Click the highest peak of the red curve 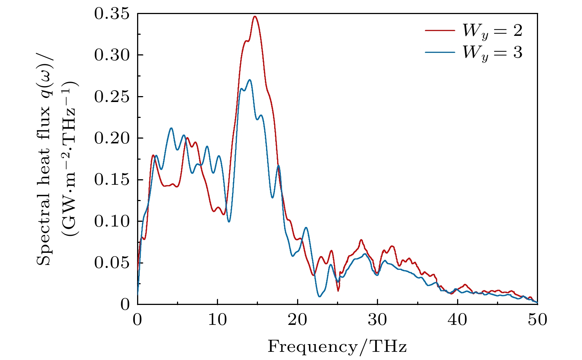tap(255, 17)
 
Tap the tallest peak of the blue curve tap(250, 80)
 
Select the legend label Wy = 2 tap(493, 31)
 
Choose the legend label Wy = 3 tap(493, 53)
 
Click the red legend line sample tap(440, 30)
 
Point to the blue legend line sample tap(440, 52)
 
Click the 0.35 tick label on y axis tap(112, 14)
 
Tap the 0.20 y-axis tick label tap(112, 138)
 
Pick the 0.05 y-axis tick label tap(112, 263)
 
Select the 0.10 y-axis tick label tap(112, 221)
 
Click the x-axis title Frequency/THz tap(337, 347)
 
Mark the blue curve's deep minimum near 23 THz tap(320, 296)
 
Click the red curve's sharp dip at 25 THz tap(338, 291)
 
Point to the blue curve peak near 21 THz tap(306, 228)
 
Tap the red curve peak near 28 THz tap(361, 240)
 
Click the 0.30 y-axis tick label tap(112, 55)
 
